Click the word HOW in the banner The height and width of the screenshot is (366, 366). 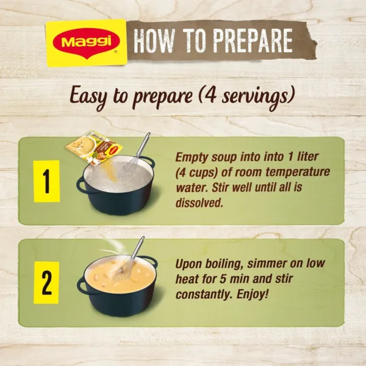[155, 41]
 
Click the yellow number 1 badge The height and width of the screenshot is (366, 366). [46, 181]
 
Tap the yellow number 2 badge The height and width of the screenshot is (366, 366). [46, 282]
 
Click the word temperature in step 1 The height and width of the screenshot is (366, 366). [289, 172]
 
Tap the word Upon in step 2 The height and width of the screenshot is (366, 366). [189, 265]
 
